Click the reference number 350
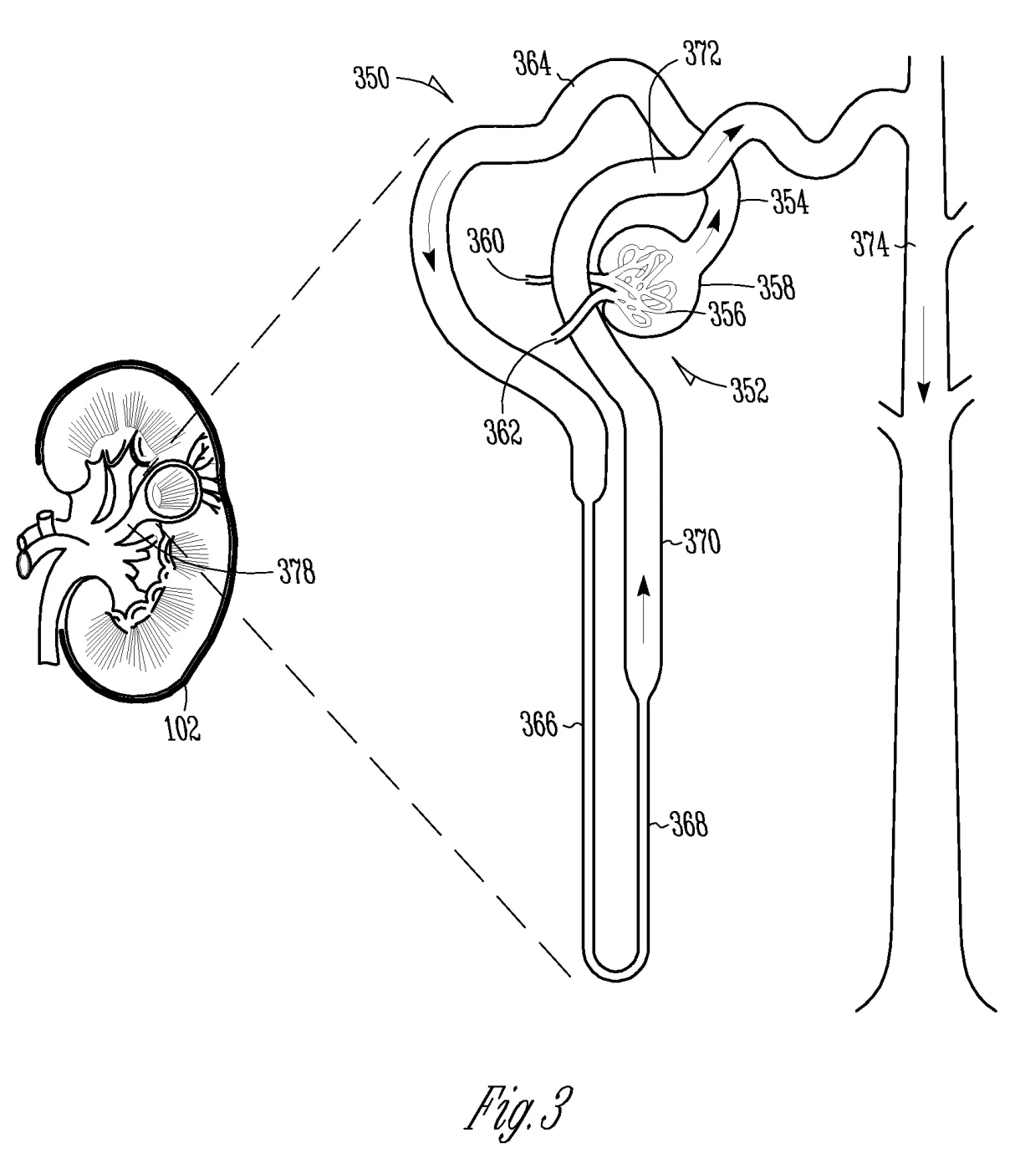[371, 79]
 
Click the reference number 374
[870, 246]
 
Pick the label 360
[485, 242]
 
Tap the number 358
[777, 287]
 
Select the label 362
[503, 431]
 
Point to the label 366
[538, 725]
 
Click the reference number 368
[690, 825]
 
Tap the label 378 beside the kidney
[296, 573]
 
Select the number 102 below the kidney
[182, 728]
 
